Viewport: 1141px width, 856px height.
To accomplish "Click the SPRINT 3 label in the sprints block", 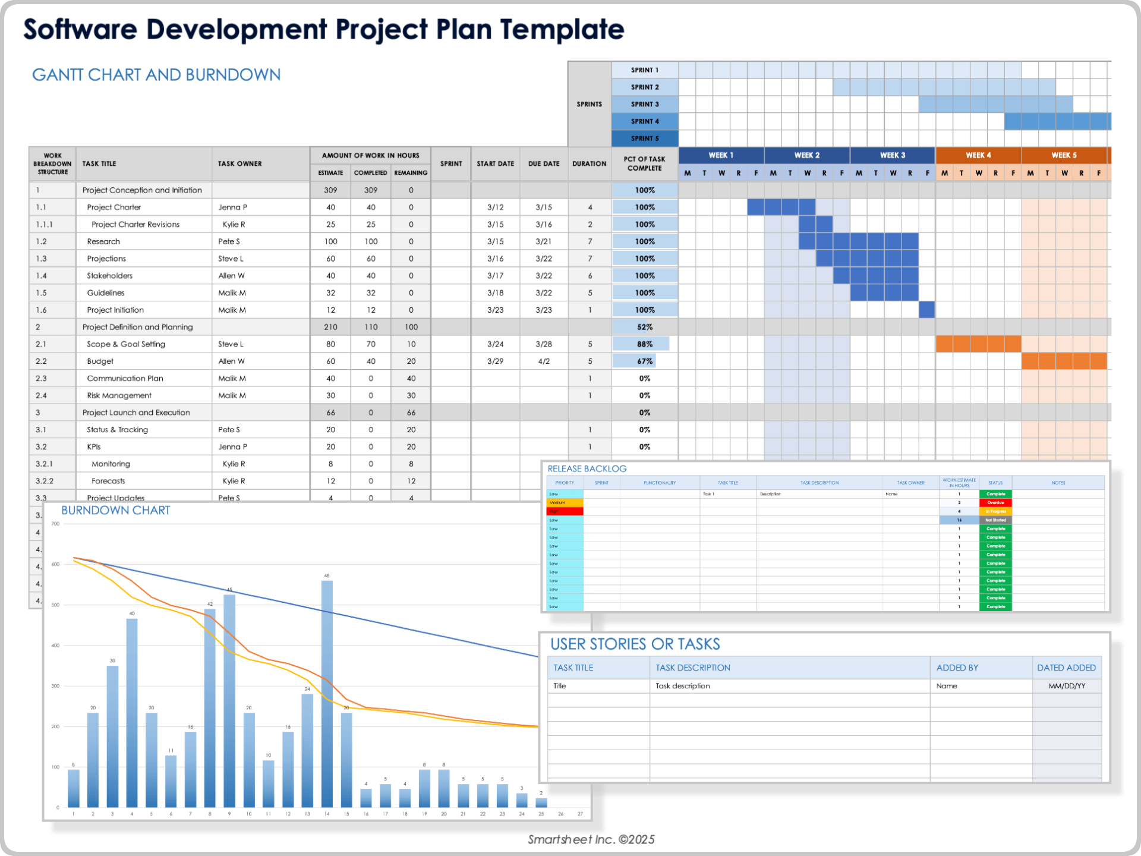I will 645,104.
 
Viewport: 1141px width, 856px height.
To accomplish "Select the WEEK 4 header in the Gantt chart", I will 978,155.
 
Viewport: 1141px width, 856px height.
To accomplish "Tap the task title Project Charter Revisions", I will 135,225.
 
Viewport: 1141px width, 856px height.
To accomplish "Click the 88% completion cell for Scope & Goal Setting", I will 645,344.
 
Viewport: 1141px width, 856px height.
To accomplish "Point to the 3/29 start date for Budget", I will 495,361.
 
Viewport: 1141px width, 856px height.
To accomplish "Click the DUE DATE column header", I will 544,163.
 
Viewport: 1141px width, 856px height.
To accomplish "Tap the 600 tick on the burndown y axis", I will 55,564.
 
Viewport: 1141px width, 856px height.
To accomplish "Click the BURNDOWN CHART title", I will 116,511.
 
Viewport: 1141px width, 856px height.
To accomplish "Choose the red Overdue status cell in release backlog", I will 995,503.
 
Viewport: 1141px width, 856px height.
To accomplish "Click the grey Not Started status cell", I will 995,520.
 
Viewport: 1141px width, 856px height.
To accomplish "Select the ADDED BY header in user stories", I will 957,668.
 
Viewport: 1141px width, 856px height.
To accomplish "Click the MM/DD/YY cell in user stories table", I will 1067,686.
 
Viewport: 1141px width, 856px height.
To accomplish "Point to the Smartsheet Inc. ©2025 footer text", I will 591,839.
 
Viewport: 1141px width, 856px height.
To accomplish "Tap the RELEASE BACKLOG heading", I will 587,469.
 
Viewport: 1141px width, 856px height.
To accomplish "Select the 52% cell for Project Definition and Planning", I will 645,327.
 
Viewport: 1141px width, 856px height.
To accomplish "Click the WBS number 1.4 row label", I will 41,276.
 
